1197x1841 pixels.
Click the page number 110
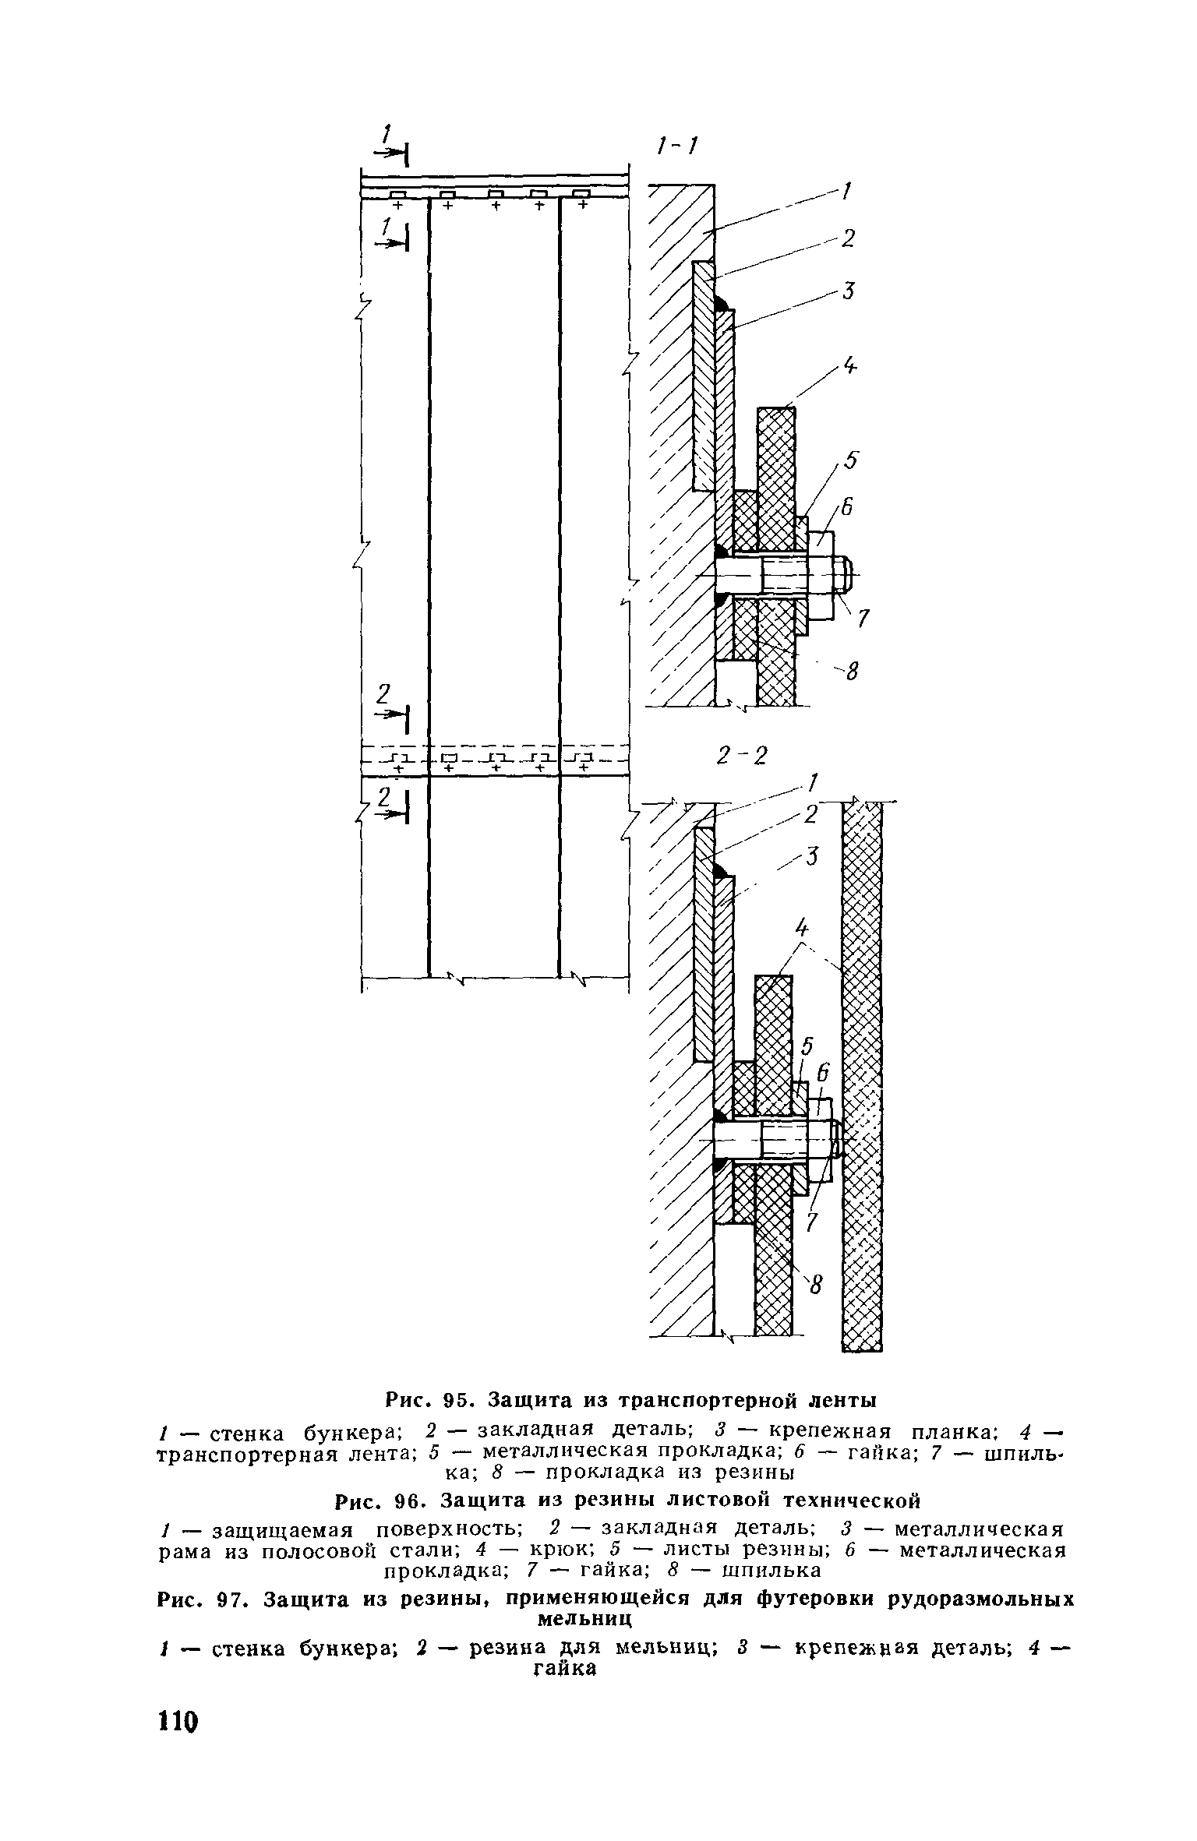coord(178,1764)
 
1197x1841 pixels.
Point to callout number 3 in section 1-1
coord(849,291)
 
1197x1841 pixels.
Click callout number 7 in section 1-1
coord(862,619)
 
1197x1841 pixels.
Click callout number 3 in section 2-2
coord(814,857)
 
